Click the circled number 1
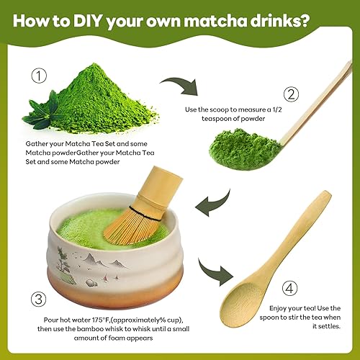point(39,76)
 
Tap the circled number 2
point(291,94)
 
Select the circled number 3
point(39,300)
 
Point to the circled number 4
point(289,288)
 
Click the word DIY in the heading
point(88,21)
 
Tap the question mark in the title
point(303,21)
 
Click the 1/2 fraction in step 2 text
point(277,109)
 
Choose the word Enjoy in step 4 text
point(278,309)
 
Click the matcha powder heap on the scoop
point(245,149)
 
